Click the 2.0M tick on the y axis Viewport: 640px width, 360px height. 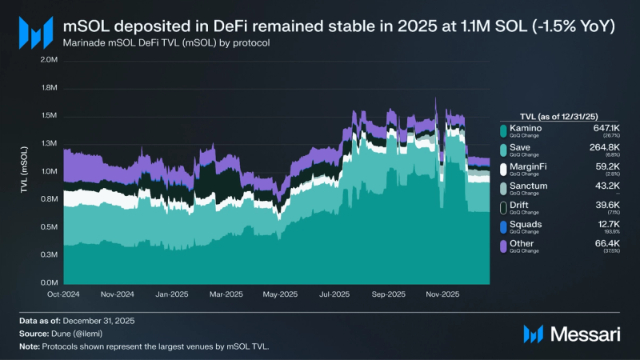pos(48,60)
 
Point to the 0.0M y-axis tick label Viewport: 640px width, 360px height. pos(48,282)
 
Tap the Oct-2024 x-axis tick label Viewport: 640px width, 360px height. pos(64,294)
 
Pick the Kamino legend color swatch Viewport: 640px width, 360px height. pos(503,130)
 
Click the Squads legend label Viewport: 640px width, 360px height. pos(526,224)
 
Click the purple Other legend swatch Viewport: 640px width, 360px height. pos(503,246)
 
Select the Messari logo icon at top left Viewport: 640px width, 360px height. pos(35,32)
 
